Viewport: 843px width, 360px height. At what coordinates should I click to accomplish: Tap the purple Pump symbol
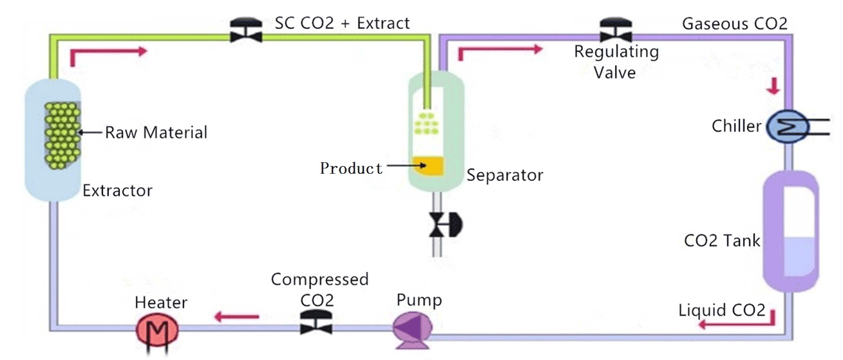[x=412, y=328]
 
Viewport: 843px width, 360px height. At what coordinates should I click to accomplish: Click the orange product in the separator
[x=428, y=166]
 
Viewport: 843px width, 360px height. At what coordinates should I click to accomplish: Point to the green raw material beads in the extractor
[x=62, y=134]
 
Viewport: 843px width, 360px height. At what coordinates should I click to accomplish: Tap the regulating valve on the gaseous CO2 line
[x=616, y=30]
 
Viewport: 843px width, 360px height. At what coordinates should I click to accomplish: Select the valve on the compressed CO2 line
[x=316, y=321]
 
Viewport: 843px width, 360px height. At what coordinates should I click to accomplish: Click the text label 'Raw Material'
[x=156, y=133]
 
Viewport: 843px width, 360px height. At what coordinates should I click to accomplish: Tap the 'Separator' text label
[x=505, y=175]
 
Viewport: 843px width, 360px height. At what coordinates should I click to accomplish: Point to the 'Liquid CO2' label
[x=722, y=311]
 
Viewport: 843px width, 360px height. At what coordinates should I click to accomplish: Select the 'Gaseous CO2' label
[x=734, y=24]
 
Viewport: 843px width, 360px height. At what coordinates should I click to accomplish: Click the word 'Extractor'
[x=117, y=191]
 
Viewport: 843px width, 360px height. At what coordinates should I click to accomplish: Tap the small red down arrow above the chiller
[x=772, y=86]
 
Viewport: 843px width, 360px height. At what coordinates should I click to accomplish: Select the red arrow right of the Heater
[x=236, y=316]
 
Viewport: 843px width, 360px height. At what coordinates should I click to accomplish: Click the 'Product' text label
[x=352, y=169]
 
